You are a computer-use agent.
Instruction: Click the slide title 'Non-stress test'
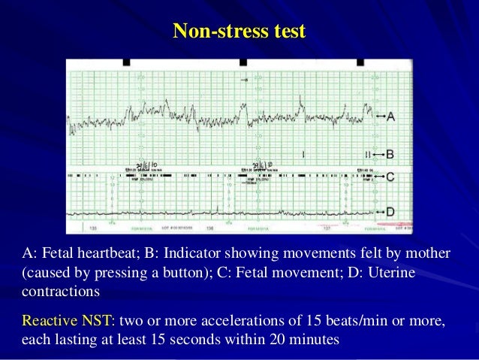click(x=239, y=31)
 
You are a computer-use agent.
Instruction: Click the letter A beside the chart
click(x=390, y=116)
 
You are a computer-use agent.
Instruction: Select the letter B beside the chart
click(x=390, y=154)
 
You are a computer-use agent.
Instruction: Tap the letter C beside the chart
click(x=390, y=177)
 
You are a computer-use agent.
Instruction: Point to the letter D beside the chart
click(x=390, y=213)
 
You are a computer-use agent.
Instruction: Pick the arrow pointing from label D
click(x=379, y=213)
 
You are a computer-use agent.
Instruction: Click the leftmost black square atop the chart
click(x=125, y=62)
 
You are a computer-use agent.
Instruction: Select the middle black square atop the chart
click(x=243, y=62)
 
